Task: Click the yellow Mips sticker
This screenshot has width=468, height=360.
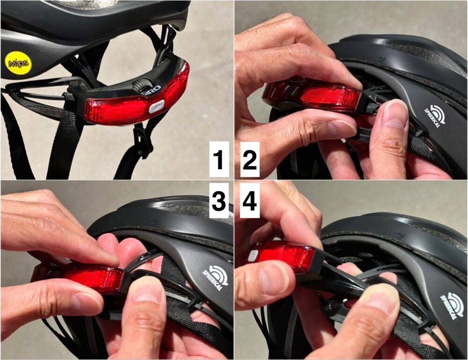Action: (18, 63)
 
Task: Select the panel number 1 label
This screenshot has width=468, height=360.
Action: (219, 159)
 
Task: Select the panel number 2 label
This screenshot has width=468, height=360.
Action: (249, 159)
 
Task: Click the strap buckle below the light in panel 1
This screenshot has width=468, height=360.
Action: (142, 140)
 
